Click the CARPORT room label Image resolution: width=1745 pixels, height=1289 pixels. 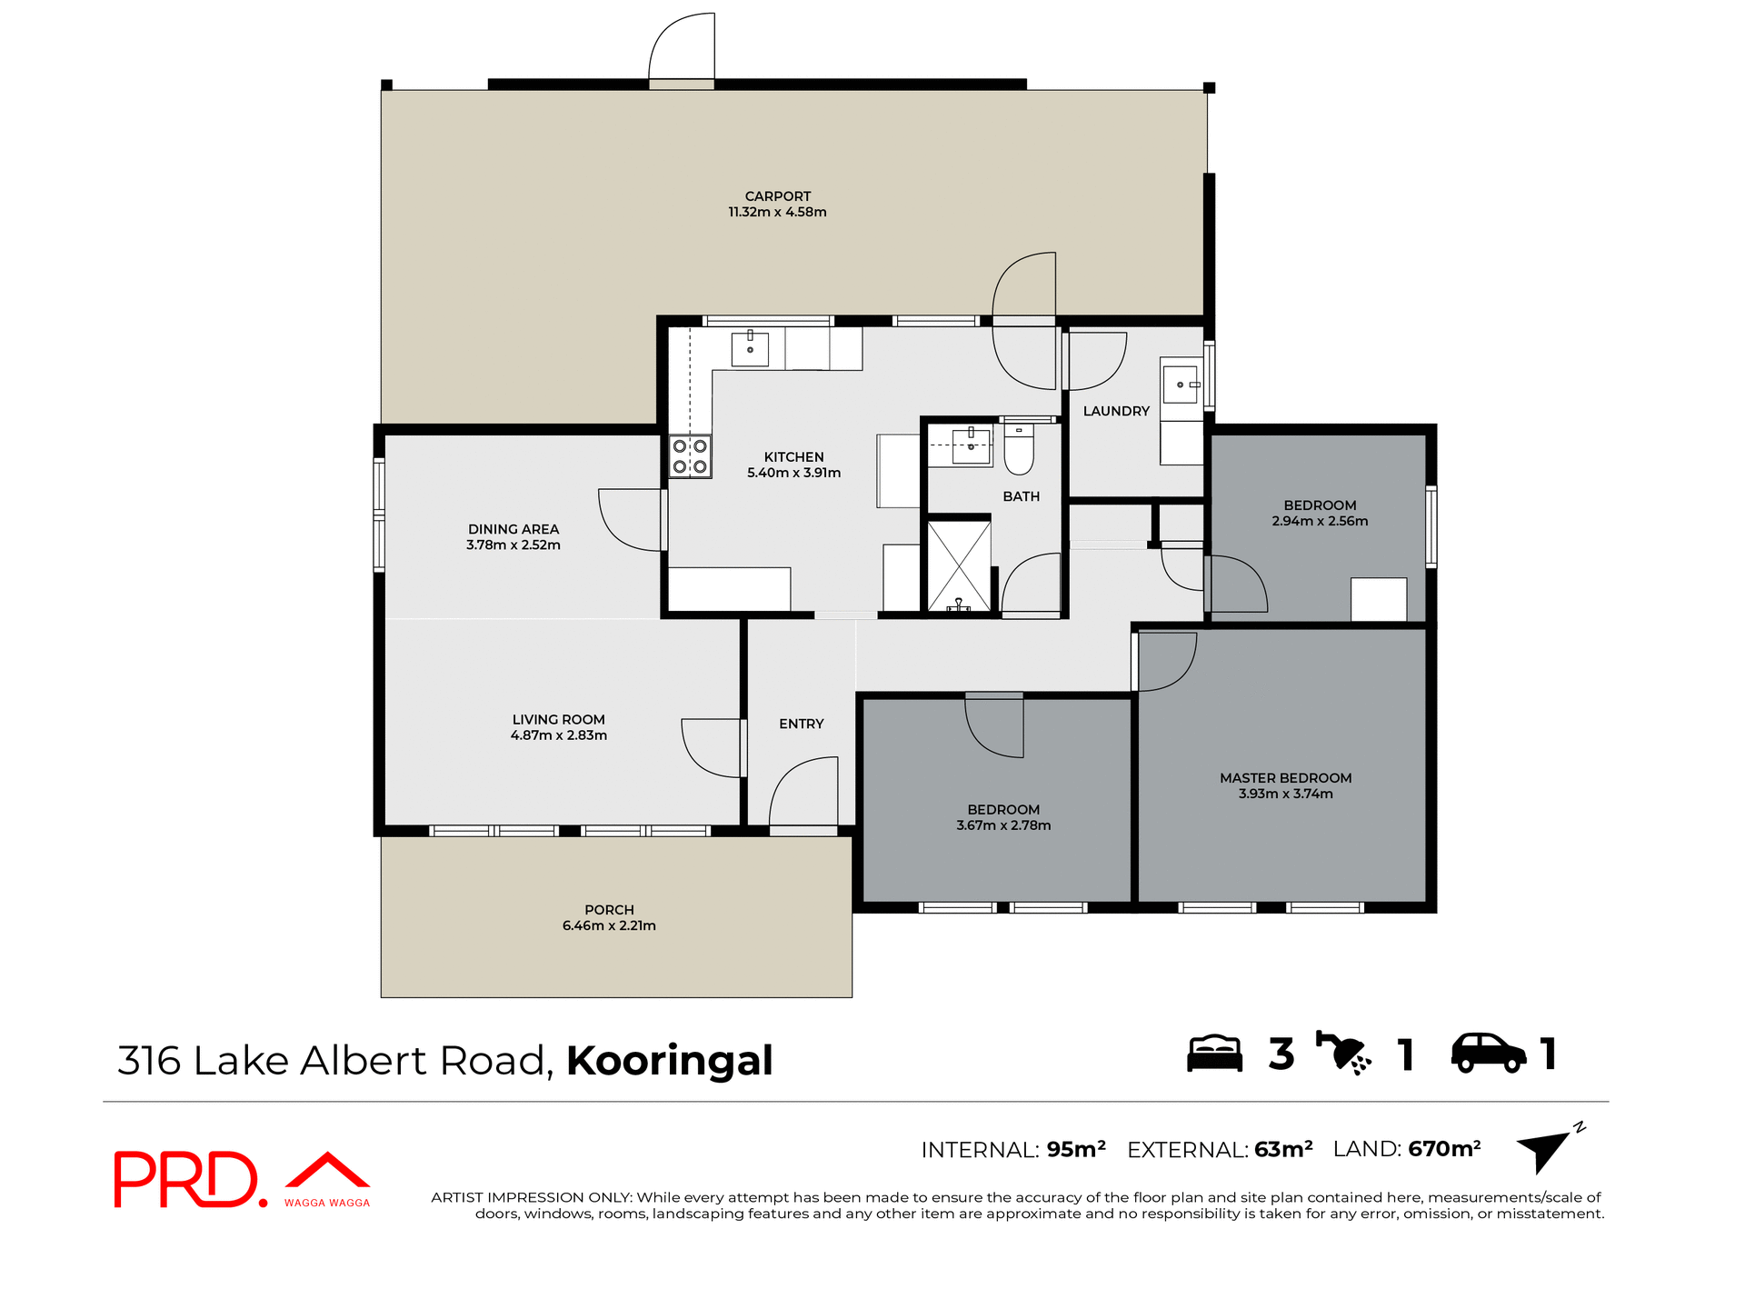[777, 195]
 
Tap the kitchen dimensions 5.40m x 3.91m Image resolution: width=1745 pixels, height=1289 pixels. [793, 473]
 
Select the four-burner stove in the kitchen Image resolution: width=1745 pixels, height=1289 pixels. [690, 456]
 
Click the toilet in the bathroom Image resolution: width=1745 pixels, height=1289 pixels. [1019, 451]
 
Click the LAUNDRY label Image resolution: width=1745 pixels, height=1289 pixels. [1116, 411]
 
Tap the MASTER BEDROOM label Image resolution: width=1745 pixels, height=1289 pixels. [1285, 777]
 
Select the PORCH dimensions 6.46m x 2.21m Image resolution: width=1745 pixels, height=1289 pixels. [609, 925]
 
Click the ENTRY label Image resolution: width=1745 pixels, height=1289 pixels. [801, 724]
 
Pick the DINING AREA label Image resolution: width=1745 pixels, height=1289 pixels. [514, 529]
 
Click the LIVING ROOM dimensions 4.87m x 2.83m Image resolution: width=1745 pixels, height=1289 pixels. [558, 734]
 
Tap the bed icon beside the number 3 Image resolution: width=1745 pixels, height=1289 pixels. [1214, 1054]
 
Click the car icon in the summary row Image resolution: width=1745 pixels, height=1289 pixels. [1488, 1054]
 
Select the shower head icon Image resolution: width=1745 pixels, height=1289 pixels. [1343, 1054]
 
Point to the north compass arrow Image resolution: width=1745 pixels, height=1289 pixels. [1545, 1150]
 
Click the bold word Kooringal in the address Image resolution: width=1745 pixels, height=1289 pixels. [670, 1061]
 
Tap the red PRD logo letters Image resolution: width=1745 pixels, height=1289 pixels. [186, 1179]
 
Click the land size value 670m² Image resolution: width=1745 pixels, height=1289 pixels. [1444, 1149]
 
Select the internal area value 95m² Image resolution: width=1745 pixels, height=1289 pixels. [1076, 1149]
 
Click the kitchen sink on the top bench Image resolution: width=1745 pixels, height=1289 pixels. [750, 349]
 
